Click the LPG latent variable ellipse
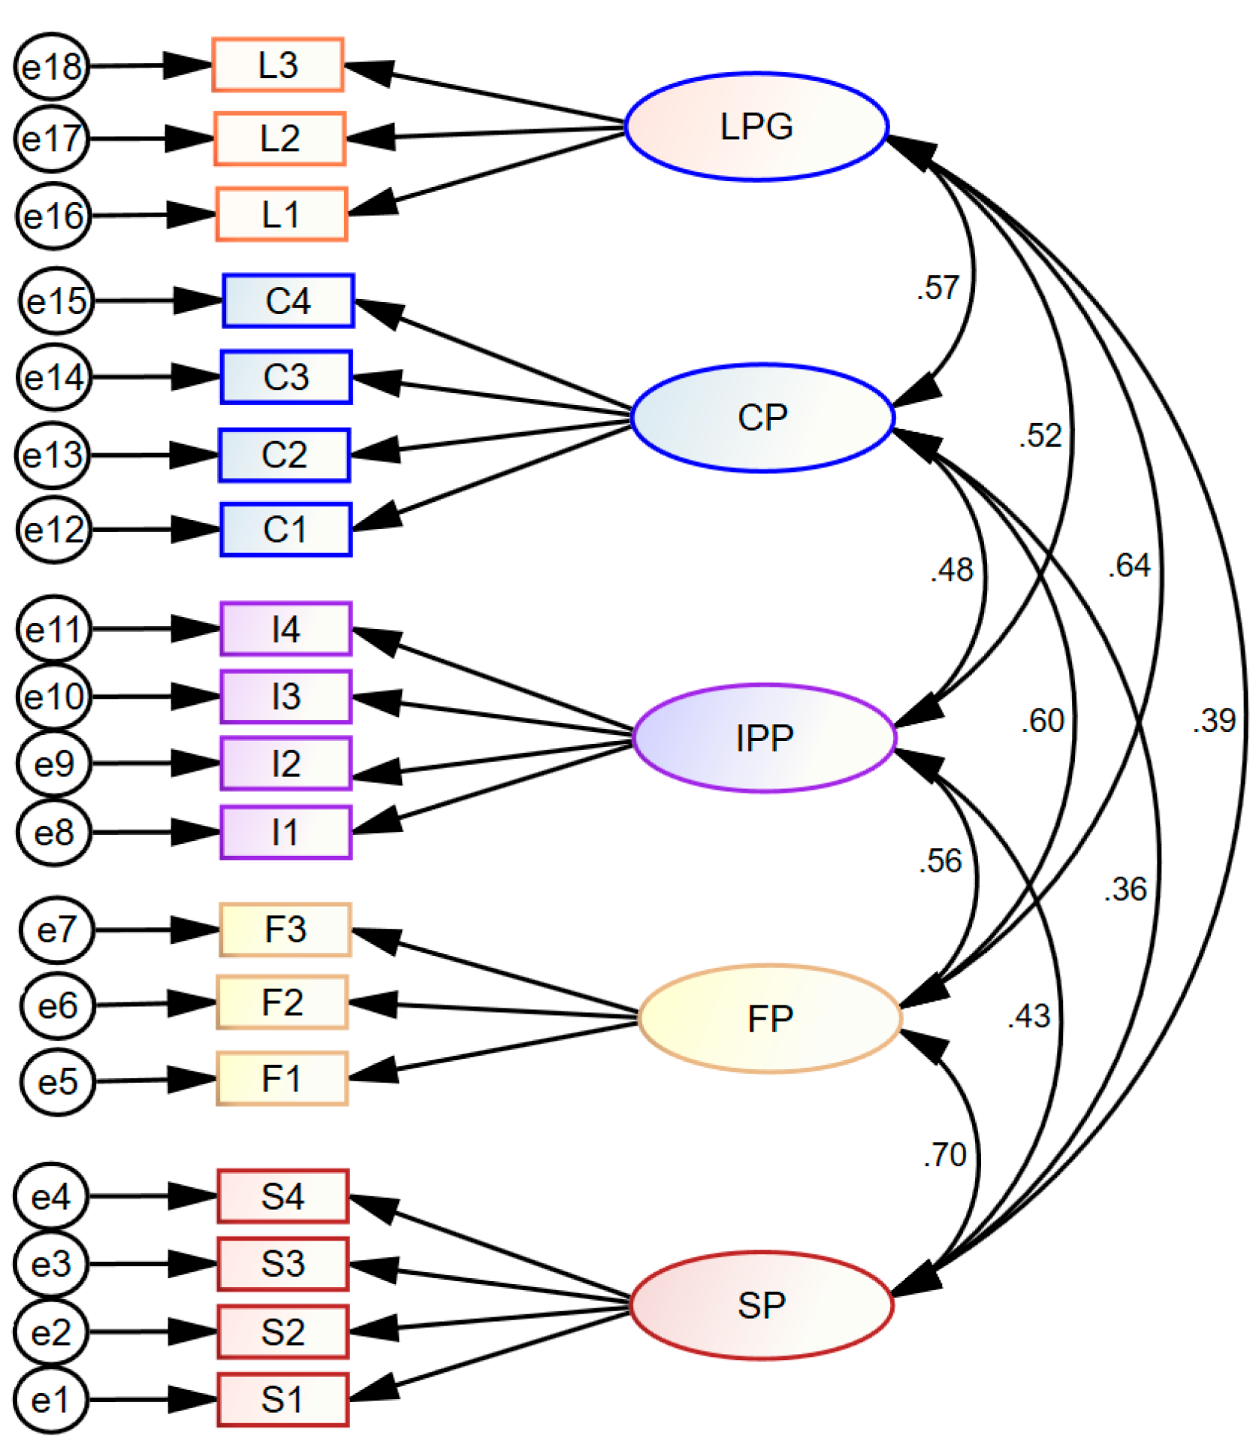(x=756, y=126)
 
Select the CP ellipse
(x=762, y=418)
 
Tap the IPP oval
(x=765, y=738)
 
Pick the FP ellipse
(x=769, y=1019)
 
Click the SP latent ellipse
(x=761, y=1305)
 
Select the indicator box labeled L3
(x=278, y=65)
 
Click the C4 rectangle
(x=288, y=301)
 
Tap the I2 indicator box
(x=285, y=763)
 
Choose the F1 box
(x=282, y=1078)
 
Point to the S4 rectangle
(x=282, y=1196)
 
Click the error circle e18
(x=51, y=66)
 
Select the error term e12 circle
(x=54, y=530)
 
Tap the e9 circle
(x=54, y=763)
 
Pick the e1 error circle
(x=50, y=1400)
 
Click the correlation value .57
(x=937, y=288)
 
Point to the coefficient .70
(x=945, y=1155)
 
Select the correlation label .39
(x=1214, y=721)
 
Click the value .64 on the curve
(x=1129, y=565)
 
